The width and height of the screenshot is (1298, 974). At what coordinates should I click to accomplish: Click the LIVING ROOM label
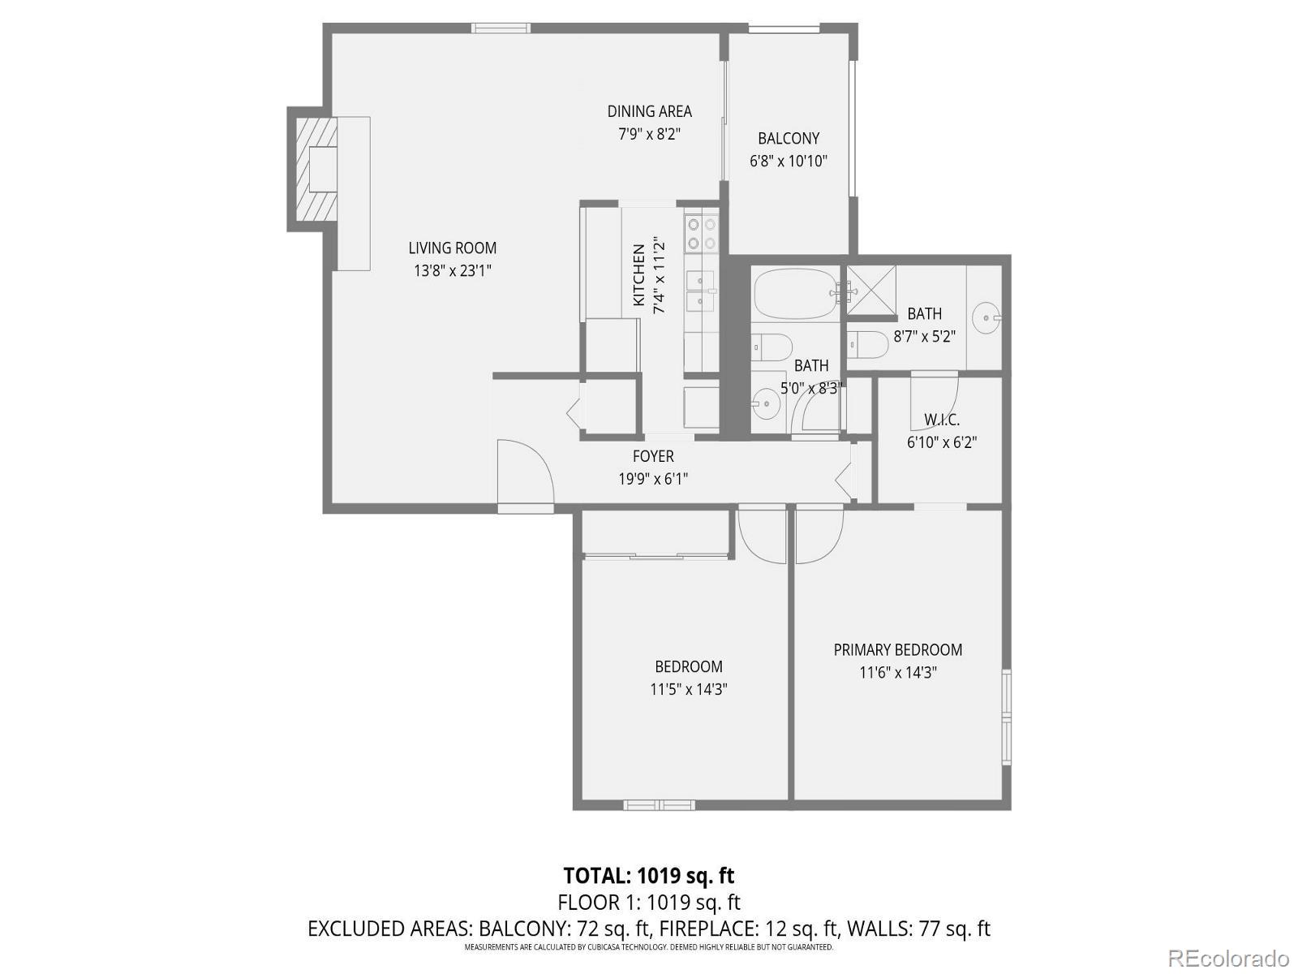(x=452, y=248)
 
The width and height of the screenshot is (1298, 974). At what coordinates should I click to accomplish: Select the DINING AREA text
(x=649, y=111)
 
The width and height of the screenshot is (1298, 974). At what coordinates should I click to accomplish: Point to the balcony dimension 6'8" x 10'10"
(x=788, y=161)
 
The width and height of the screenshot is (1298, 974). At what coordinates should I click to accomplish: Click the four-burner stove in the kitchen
(x=701, y=233)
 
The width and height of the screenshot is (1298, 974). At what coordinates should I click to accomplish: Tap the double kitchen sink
(x=701, y=291)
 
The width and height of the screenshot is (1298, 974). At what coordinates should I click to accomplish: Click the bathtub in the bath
(x=793, y=294)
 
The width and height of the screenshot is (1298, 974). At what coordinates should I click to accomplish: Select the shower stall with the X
(x=872, y=291)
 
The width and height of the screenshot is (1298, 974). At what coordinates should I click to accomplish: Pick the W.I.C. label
(x=941, y=420)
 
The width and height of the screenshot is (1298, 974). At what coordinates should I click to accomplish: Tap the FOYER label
(x=653, y=456)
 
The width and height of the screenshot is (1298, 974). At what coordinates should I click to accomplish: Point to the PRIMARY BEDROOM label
(x=898, y=649)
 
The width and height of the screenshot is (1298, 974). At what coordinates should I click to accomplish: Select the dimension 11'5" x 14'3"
(x=688, y=689)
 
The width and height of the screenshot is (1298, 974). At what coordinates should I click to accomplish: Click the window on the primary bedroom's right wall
(x=1006, y=718)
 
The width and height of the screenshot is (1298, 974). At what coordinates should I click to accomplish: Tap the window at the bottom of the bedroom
(x=659, y=805)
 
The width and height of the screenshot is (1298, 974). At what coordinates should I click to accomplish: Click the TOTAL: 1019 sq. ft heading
(x=648, y=876)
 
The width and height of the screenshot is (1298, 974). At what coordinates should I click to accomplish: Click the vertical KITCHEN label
(x=638, y=275)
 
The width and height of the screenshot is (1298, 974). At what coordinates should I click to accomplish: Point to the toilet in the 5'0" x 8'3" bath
(x=771, y=347)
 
